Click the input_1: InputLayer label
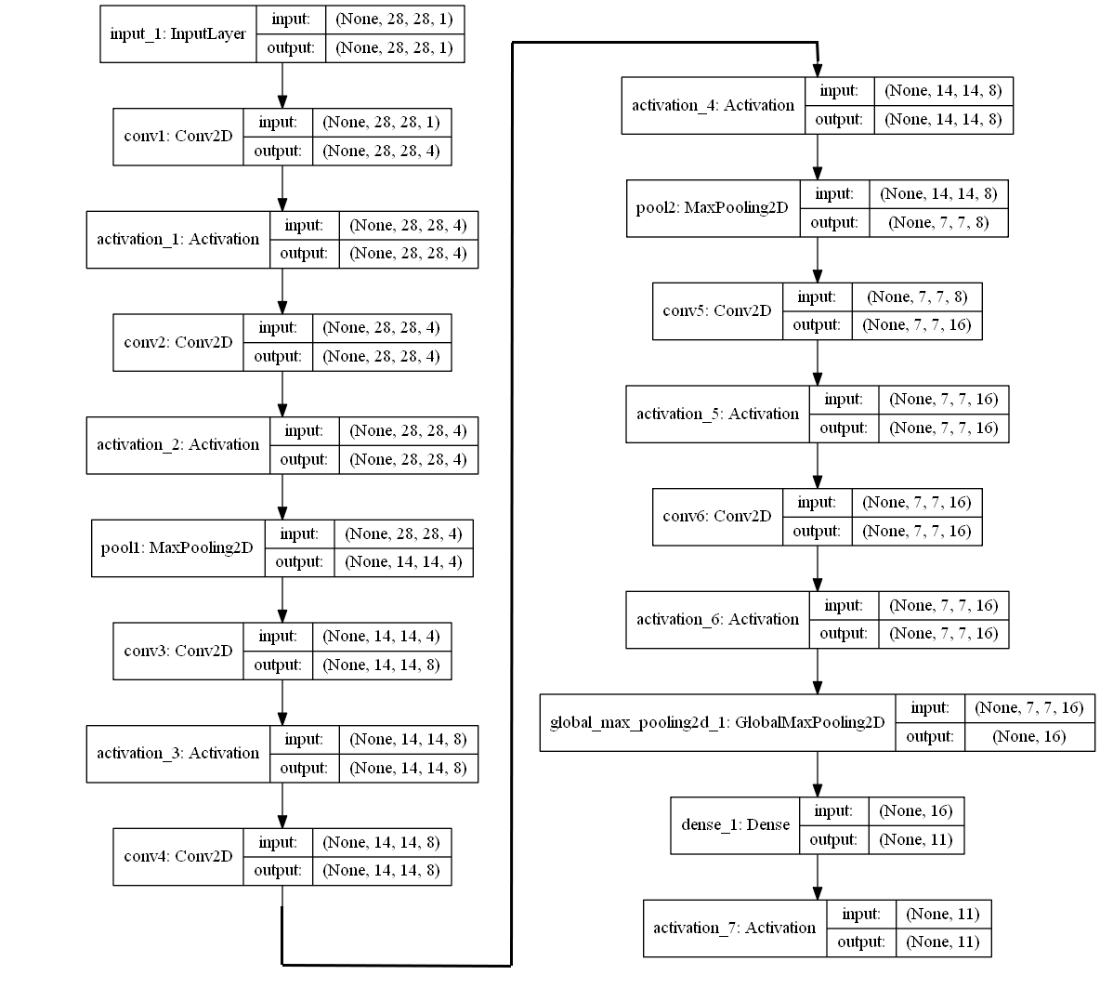177,34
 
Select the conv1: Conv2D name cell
177,137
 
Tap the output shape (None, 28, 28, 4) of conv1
381,151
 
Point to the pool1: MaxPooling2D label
177,547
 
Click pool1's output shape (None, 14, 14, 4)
403,562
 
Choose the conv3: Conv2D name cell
177,651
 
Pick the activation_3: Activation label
177,753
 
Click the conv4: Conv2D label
177,856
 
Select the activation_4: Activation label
713,105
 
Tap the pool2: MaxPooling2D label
712,207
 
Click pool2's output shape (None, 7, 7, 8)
938,223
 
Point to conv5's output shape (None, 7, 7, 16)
916,325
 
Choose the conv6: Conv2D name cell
716,516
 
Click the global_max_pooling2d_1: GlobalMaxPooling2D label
716,722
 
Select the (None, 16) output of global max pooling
1028,737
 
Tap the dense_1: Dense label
735,824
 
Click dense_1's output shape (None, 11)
915,840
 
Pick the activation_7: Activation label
734,928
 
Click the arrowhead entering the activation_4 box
818,71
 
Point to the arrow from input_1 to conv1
282,86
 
